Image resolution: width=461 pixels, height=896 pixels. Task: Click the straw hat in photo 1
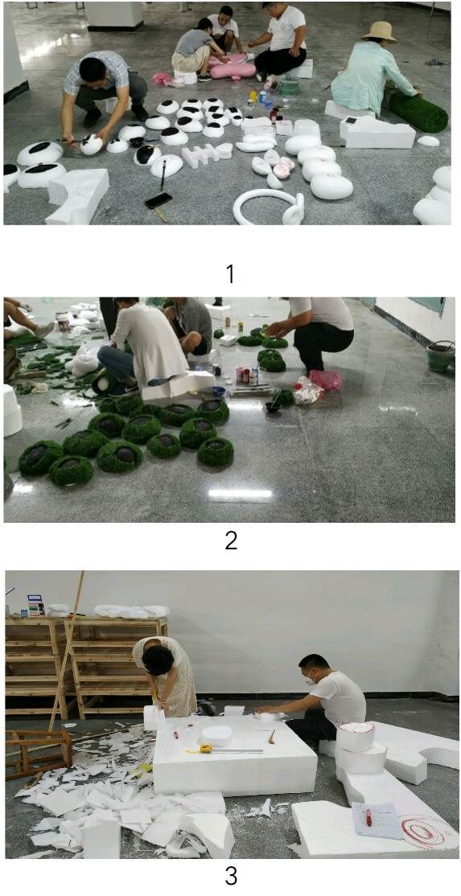(379, 31)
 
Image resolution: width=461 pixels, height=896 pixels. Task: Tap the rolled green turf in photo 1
(418, 111)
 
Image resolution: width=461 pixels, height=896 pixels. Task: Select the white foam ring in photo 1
(269, 207)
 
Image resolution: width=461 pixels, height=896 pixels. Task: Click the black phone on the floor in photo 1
(158, 200)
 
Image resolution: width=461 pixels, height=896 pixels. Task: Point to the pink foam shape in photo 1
(233, 68)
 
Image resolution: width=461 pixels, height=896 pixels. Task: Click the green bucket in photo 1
(289, 86)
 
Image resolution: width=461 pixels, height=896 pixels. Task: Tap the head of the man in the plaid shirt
(93, 68)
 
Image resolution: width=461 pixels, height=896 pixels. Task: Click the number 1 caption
(229, 274)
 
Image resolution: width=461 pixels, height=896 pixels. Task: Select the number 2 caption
(231, 540)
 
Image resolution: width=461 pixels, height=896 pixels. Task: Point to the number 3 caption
(231, 875)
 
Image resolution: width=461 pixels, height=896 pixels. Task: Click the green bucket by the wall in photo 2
(440, 356)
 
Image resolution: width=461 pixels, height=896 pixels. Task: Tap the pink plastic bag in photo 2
(326, 380)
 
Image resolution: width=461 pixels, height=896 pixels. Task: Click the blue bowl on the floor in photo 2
(219, 392)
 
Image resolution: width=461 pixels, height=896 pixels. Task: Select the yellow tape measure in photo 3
(206, 748)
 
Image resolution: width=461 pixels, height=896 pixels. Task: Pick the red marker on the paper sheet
(368, 816)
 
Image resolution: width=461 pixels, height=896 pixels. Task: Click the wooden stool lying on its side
(39, 753)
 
